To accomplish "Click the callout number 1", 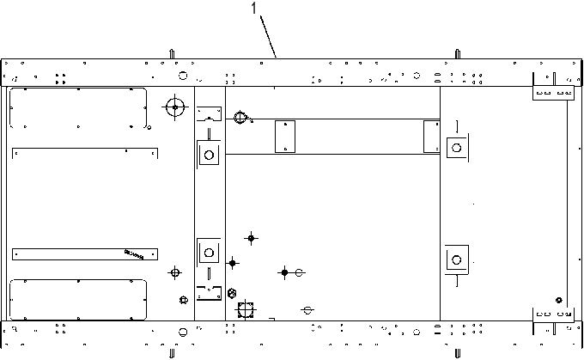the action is pos(254,8).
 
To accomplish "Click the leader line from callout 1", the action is pos(268,37).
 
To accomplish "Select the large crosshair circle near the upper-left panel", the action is pos(175,107).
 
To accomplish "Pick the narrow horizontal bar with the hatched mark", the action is pos(85,254).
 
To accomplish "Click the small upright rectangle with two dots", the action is pos(285,137).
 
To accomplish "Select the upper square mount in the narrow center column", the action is pos(209,155).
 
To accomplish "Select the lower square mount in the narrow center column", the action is pos(209,253).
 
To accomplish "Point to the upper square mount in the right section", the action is pos(457,148).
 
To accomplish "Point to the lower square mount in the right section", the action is pos(457,259).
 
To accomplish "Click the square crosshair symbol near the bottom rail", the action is pos(246,309).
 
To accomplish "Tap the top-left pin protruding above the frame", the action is pos(172,54).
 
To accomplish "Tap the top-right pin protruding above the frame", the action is pos(458,54).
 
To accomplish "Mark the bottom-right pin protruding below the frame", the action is pos(458,353).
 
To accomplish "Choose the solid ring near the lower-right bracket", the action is pos(559,300).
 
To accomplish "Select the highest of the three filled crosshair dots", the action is pos(251,238).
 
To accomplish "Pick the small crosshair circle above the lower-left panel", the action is pos(174,273).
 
